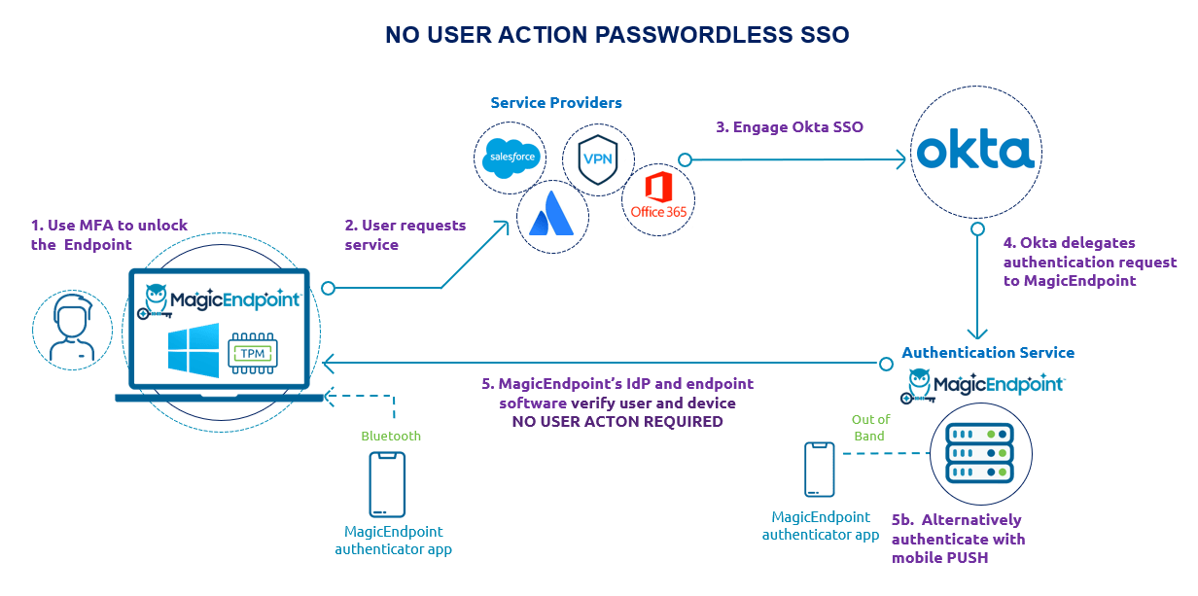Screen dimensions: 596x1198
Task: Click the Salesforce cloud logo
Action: point(510,158)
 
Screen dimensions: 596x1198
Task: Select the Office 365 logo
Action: point(658,198)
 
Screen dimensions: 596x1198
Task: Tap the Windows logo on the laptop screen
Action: point(194,350)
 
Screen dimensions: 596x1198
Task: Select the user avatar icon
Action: point(73,323)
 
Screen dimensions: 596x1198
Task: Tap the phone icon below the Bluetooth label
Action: point(387,484)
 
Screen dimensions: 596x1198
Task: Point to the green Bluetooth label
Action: point(391,436)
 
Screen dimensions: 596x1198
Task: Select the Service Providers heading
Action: point(556,103)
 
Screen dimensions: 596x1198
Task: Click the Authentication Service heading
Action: point(988,353)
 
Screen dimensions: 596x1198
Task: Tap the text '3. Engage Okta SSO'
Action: point(789,126)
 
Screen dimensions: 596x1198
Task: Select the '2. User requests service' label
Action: point(405,235)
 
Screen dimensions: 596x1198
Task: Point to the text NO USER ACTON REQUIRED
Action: point(617,422)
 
